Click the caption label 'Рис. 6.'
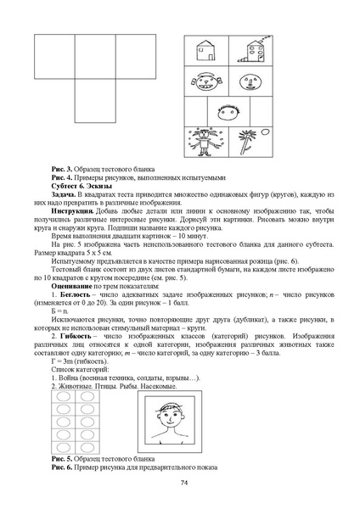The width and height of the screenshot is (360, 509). pyautogui.click(x=64, y=467)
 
